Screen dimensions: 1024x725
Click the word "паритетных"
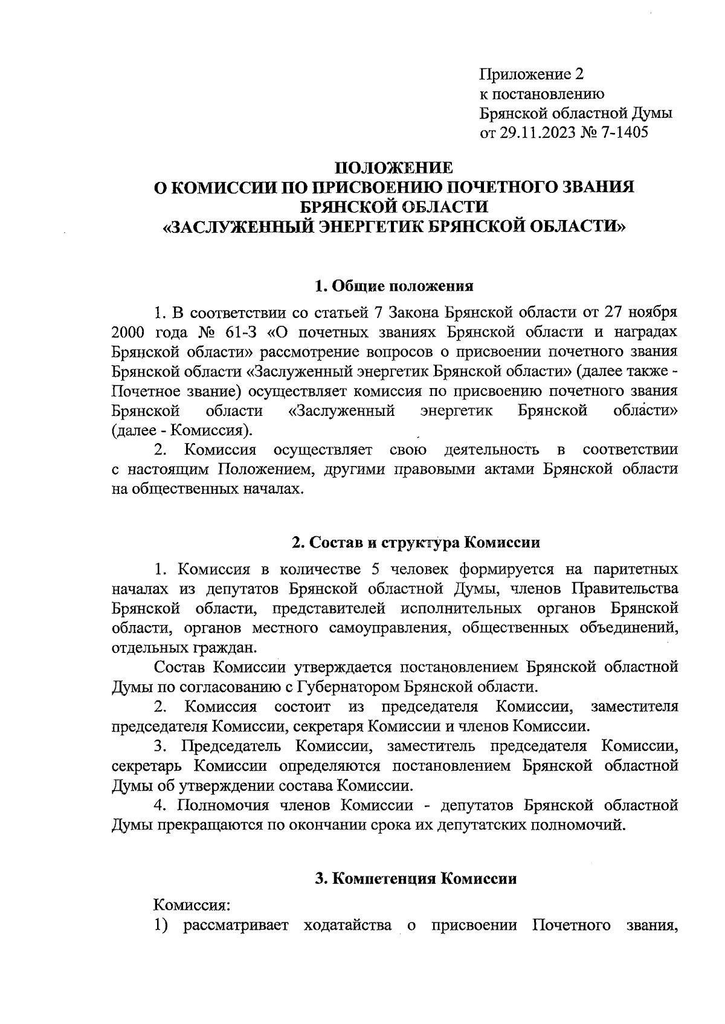point(635,569)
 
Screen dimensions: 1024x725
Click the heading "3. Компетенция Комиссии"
point(417,878)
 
